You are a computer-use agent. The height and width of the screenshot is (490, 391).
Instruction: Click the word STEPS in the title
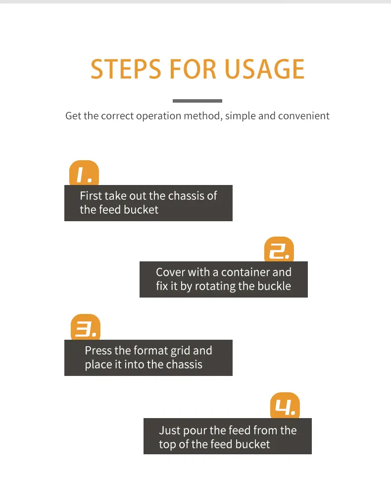[126, 69]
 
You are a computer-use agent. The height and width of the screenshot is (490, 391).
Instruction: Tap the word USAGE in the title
[264, 69]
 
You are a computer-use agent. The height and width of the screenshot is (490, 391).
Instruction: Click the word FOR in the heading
[193, 69]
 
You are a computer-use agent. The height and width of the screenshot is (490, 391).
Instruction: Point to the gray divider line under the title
[197, 101]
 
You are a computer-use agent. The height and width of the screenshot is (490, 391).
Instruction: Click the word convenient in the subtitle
[303, 116]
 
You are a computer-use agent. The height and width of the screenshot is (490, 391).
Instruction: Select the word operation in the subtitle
[158, 117]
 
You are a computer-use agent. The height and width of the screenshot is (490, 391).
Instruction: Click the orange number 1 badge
[84, 173]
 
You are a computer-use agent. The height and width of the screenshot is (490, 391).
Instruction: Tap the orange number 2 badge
[279, 249]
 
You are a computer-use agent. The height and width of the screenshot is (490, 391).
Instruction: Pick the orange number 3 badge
[86, 327]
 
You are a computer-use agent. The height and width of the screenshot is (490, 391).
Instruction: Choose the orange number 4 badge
[285, 406]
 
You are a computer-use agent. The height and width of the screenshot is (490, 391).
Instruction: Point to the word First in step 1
[91, 196]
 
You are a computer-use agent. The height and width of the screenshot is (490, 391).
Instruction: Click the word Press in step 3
[98, 351]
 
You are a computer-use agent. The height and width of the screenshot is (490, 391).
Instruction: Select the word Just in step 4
[170, 430]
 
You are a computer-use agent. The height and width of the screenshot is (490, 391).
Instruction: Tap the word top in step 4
[167, 445]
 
